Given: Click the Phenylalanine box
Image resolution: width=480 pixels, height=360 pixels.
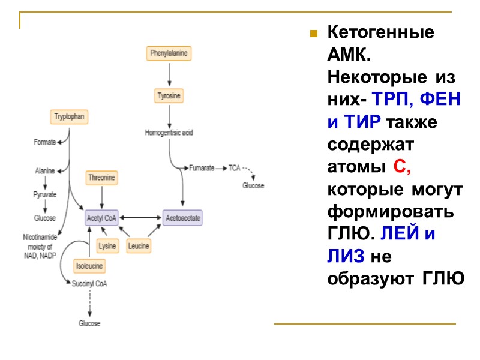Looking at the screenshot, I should pos(169,53).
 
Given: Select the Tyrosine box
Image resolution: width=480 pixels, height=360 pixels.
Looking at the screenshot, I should pos(169,96).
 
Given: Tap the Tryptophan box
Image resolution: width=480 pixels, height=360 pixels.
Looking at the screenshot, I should pos(69,117).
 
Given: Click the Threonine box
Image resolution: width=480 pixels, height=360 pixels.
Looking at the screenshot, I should pos(102,178).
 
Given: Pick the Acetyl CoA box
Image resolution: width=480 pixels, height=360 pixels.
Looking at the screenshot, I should pos(102,217).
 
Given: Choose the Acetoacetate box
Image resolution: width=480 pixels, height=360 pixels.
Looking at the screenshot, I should pos(183,217).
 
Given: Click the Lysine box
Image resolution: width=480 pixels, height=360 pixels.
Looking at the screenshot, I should pos(107,246).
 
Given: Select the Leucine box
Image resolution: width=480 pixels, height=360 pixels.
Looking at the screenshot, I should pos(139,246).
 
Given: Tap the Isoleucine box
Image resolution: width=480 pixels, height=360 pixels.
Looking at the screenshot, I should pos(89,265).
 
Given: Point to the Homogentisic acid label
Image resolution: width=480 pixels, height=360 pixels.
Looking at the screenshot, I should pos(169,132).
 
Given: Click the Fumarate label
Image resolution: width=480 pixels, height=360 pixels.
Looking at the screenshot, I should pos(202,169).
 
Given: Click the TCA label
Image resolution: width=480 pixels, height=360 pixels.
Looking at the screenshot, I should pos(234,169).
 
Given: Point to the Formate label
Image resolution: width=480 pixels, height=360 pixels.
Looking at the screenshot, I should pos(44,142).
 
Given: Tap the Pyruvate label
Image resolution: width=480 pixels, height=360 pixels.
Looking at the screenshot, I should pos(44,194).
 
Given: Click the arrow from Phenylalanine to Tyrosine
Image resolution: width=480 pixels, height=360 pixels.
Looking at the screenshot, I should pos(169,74).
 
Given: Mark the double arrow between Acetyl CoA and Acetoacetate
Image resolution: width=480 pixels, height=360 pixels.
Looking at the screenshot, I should pos(140,217).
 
